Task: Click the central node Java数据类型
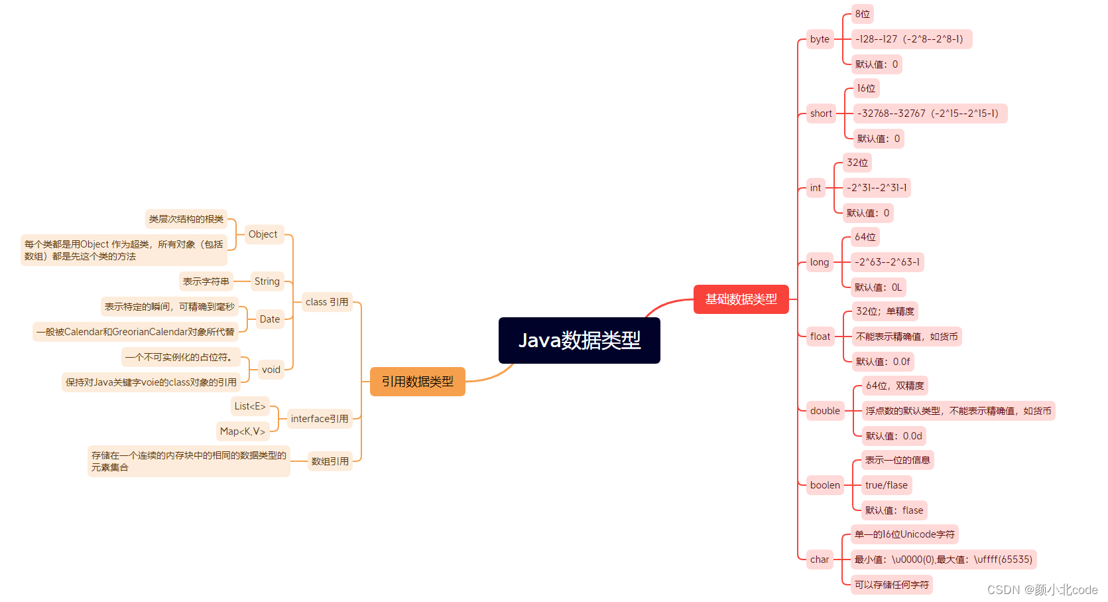579,340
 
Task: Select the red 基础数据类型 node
741,299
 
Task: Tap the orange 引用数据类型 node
417,382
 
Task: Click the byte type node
820,39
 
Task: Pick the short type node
821,113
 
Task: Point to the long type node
820,262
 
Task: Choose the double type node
825,411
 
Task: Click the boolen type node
825,485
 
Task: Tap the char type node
820,560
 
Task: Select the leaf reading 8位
862,14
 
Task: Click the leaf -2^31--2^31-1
877,188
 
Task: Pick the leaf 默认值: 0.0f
883,362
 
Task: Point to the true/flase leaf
886,485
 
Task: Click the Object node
263,234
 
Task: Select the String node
267,281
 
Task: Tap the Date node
270,319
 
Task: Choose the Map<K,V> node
243,431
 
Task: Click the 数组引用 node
330,461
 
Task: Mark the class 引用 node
327,302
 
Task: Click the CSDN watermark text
1042,589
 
